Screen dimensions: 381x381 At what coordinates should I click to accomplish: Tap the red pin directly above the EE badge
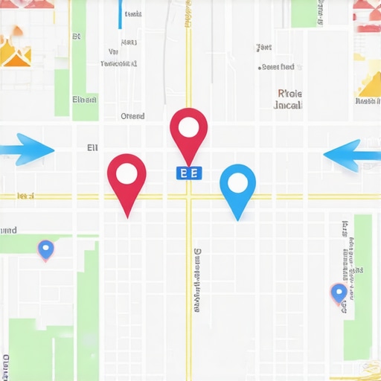click(x=189, y=132)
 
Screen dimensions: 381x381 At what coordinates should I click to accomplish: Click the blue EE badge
click(x=189, y=173)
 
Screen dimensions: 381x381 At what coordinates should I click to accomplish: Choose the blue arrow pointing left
click(x=353, y=154)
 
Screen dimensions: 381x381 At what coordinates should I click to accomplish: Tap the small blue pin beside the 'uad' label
click(x=46, y=249)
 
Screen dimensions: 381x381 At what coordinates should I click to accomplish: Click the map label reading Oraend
click(x=132, y=116)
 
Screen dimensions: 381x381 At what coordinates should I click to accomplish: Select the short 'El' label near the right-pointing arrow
click(x=92, y=148)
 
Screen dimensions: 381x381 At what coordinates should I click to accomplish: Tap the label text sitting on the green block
click(x=84, y=100)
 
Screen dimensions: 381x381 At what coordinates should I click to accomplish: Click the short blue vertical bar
click(x=120, y=14)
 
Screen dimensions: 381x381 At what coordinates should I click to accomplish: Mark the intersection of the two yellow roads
click(x=189, y=197)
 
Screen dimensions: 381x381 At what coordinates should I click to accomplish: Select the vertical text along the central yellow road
click(x=197, y=280)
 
